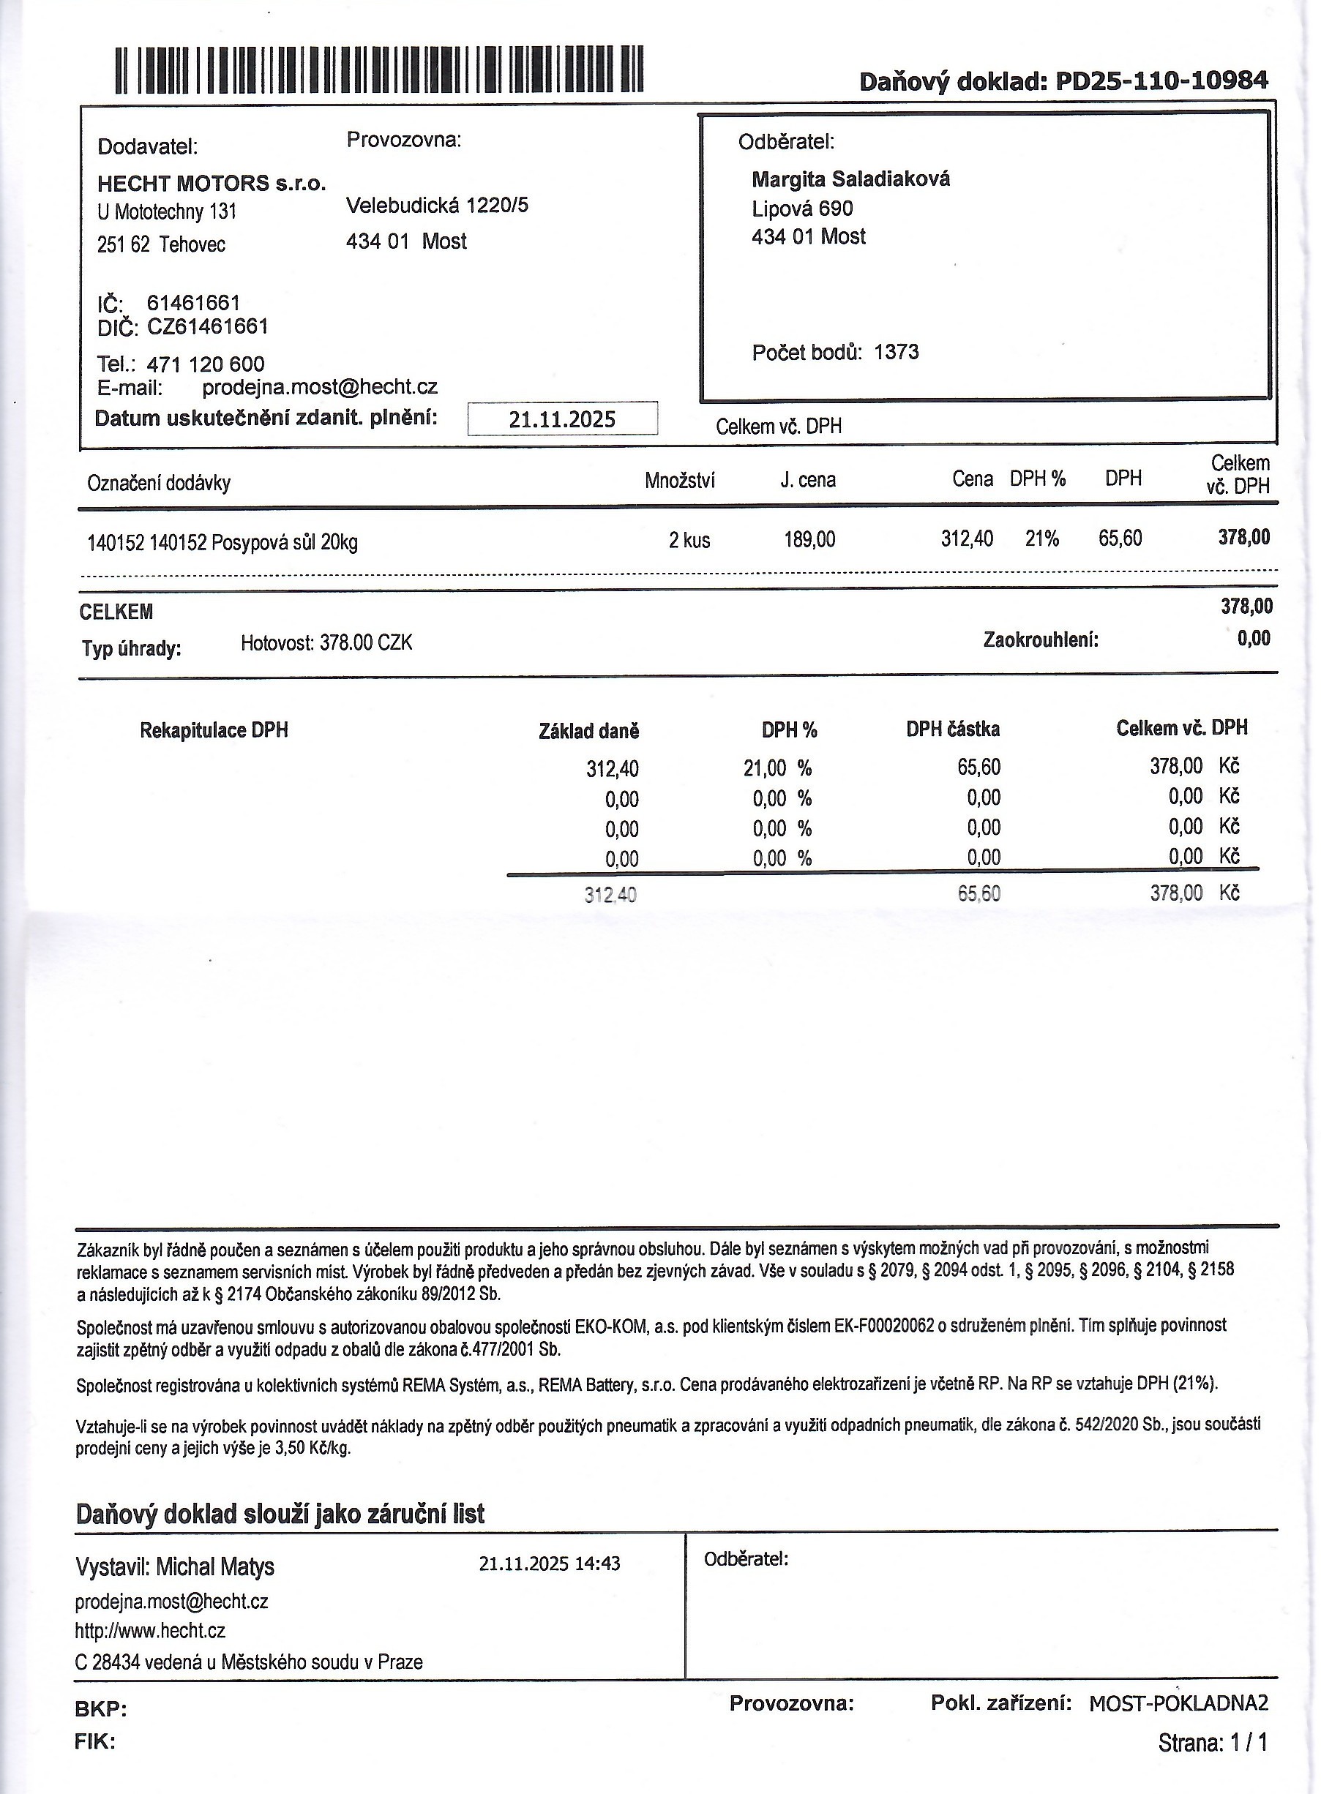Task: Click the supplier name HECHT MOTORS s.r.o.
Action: tap(211, 184)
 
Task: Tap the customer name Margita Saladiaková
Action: tap(851, 179)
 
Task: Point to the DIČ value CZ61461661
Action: tap(207, 326)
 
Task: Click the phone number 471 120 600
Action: tap(206, 364)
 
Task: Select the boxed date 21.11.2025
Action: tap(562, 419)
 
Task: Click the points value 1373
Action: tap(897, 353)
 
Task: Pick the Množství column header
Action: tap(680, 481)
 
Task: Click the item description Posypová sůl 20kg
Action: tap(284, 543)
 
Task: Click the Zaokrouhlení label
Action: tap(1041, 639)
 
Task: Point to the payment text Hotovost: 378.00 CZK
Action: tap(326, 643)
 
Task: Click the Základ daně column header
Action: tap(589, 731)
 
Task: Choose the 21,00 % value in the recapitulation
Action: tap(777, 768)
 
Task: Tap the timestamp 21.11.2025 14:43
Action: tap(550, 1563)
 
